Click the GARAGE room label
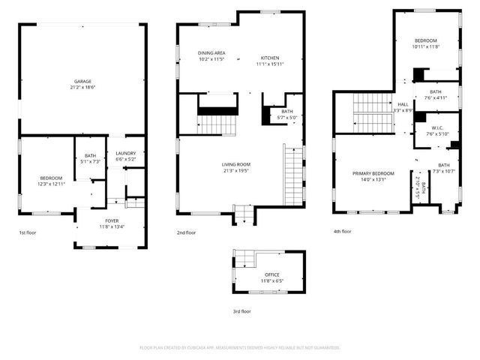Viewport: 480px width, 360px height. click(x=82, y=81)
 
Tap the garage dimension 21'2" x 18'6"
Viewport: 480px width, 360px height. click(x=82, y=88)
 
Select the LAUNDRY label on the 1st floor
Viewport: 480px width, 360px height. click(x=125, y=153)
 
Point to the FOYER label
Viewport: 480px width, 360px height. click(x=112, y=220)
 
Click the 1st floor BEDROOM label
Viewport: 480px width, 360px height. click(x=51, y=178)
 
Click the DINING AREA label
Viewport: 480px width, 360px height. click(x=211, y=52)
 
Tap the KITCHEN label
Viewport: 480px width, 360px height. click(x=270, y=58)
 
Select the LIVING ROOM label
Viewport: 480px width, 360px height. click(x=235, y=164)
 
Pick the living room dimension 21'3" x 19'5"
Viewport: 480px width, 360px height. click(x=235, y=171)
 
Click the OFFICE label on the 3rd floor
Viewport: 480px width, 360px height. click(x=271, y=275)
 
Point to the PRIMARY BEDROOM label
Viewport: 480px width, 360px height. click(x=373, y=173)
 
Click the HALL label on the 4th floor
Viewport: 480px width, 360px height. click(x=403, y=104)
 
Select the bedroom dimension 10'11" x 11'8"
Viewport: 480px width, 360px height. click(x=426, y=46)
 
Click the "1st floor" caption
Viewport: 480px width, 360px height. click(x=28, y=232)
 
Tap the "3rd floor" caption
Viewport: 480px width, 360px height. click(x=241, y=310)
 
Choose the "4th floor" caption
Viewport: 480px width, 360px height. click(x=342, y=232)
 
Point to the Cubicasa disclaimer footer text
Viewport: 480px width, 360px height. click(x=240, y=348)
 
